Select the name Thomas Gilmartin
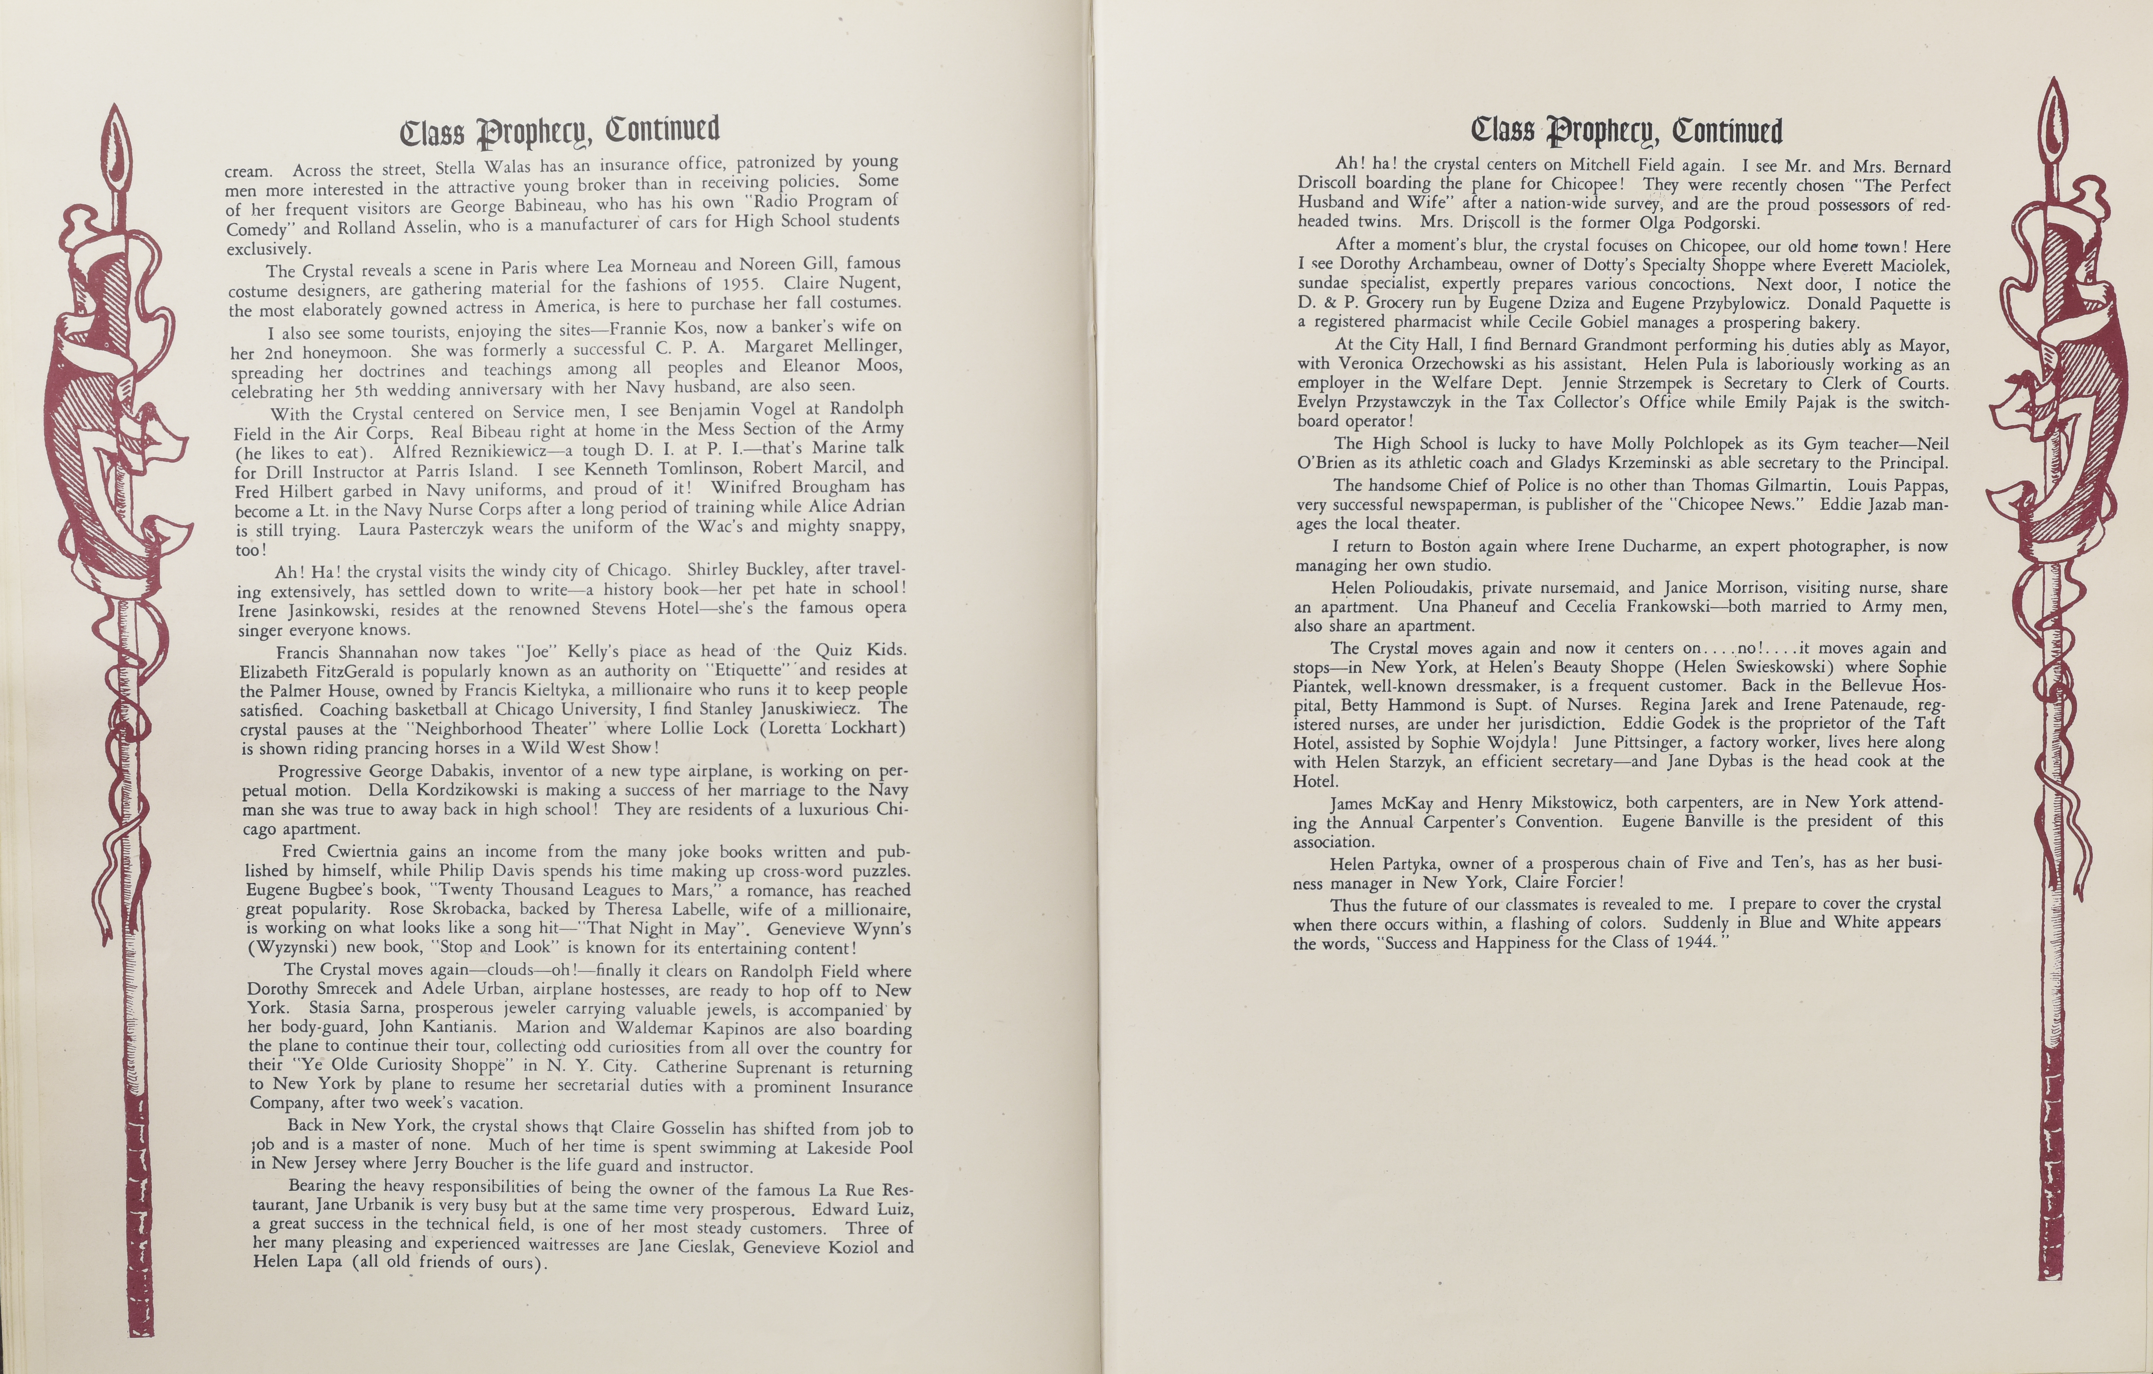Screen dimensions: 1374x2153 tap(1761, 485)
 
